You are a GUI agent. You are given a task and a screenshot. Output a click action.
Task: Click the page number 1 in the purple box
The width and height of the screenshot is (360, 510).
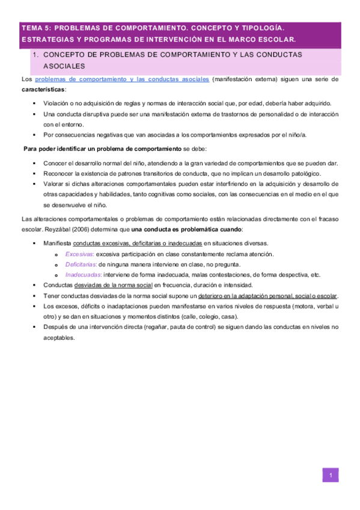[330, 476]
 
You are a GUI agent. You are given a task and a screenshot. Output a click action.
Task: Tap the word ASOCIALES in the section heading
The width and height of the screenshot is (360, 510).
[64, 66]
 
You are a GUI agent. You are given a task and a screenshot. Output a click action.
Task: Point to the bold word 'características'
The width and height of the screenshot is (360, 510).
[42, 89]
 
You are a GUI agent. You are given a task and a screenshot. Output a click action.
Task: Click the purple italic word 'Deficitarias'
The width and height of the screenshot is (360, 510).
[81, 265]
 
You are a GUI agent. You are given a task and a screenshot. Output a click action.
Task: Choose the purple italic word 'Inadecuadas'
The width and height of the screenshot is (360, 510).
[83, 275]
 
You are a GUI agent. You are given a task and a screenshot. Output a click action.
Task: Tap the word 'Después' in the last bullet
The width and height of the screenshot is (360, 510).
[56, 327]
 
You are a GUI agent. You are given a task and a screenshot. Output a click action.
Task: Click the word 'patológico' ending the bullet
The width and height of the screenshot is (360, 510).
[285, 173]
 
